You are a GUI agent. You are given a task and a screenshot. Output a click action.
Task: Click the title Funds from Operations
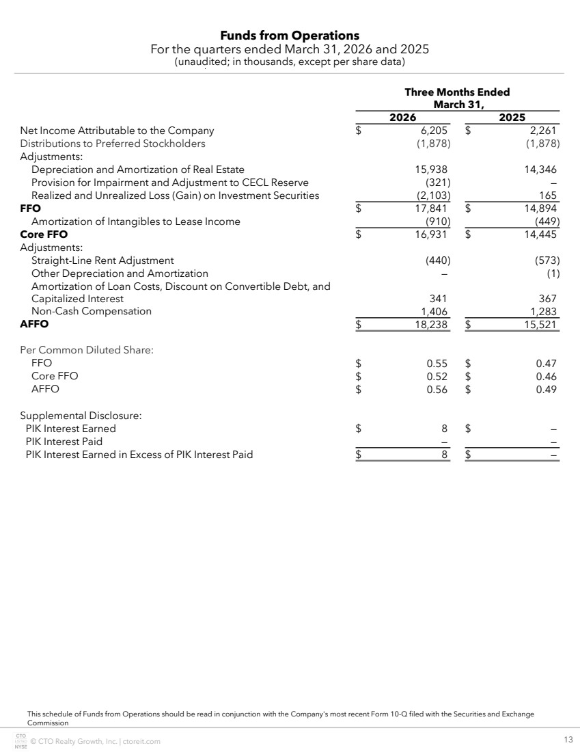290,36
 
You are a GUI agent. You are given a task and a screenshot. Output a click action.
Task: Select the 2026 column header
403,118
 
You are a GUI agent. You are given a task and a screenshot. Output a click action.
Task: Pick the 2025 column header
512,118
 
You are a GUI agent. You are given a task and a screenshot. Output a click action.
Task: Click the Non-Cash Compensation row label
92,311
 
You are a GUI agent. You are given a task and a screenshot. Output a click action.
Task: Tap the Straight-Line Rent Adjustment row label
102,260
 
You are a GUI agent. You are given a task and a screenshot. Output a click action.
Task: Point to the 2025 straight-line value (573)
548,260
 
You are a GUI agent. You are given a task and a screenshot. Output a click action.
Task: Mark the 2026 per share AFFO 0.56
437,389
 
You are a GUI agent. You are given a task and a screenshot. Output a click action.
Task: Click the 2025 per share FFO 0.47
547,363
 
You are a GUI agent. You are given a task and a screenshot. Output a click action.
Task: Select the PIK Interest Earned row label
71,429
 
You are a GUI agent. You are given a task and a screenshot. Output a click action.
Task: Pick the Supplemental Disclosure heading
81,416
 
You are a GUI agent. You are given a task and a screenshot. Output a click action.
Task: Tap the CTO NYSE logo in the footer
20,741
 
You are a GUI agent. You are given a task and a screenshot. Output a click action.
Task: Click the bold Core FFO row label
44,234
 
